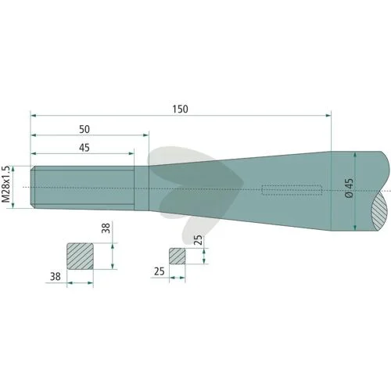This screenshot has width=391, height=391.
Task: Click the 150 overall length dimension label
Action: click(x=180, y=109)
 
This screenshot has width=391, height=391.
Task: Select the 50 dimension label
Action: click(x=84, y=129)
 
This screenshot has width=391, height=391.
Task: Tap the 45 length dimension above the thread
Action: click(x=84, y=148)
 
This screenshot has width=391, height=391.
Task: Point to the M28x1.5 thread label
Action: click(x=5, y=184)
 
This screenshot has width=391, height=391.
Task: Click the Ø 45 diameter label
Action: click(x=350, y=188)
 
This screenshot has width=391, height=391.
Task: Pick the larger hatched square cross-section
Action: click(x=81, y=256)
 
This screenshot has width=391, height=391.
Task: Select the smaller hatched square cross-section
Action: click(x=178, y=256)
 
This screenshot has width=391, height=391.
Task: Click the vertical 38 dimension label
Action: click(x=106, y=228)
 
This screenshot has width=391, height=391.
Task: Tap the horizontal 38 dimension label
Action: click(x=55, y=276)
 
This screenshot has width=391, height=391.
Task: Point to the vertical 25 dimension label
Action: click(x=199, y=240)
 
